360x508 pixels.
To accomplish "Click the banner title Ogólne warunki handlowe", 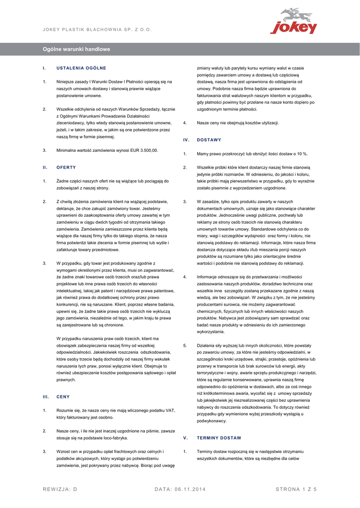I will click(76, 50).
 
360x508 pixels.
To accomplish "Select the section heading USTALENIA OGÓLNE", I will click(81, 67).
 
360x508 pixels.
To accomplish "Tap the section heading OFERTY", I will click(66, 167).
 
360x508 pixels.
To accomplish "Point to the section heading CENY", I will click(64, 397).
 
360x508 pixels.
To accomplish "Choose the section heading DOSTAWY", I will click(209, 140).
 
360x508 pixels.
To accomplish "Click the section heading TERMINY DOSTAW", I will click(219, 438).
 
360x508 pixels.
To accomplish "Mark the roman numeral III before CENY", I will click(45, 397).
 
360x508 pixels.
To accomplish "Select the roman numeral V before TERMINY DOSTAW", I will click(185, 438).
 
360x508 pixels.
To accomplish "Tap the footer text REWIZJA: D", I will click(60, 490).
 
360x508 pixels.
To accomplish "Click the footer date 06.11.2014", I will click(190, 490).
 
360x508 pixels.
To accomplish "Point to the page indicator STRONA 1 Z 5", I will click(296, 490).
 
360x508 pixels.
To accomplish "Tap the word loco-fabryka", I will click(114, 438).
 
